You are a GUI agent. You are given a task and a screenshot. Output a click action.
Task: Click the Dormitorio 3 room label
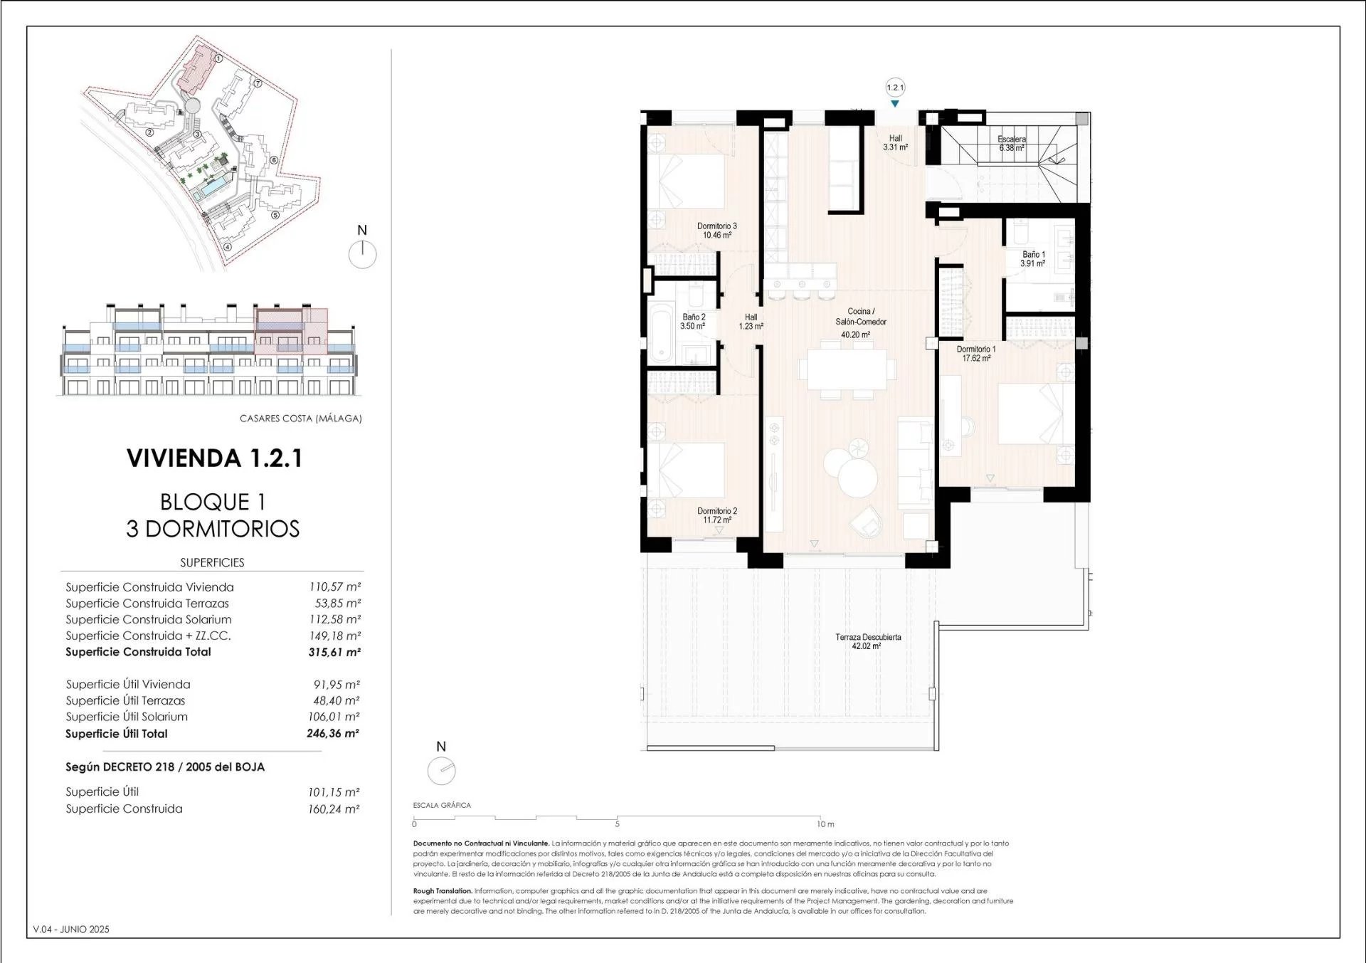coord(716,226)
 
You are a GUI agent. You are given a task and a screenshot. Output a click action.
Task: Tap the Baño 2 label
coord(694,317)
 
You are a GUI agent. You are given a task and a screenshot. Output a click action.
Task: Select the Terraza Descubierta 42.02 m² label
coord(868,642)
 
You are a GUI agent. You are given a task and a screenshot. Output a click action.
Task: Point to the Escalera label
coord(1011,140)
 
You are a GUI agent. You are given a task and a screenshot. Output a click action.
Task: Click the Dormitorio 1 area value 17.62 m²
coord(976,359)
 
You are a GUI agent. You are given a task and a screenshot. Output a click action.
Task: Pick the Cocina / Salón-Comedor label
coord(861,317)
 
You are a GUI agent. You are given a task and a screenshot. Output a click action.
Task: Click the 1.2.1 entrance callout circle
coord(895,88)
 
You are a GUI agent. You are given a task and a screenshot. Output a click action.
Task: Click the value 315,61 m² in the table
coord(334,652)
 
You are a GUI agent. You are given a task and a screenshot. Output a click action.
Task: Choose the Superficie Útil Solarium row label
coord(127,717)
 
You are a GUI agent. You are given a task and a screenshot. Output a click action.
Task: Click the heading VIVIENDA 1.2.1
coord(214,458)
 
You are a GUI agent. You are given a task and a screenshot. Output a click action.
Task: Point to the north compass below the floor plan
coord(441,770)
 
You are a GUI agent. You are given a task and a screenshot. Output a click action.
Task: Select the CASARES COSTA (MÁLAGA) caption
coord(301,419)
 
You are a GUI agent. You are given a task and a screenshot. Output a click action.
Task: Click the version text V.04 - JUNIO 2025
coord(71,930)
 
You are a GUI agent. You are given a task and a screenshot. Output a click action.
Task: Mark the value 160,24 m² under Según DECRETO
coord(334,809)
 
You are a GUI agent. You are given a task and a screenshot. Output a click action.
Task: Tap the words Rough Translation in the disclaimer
coord(443,891)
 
